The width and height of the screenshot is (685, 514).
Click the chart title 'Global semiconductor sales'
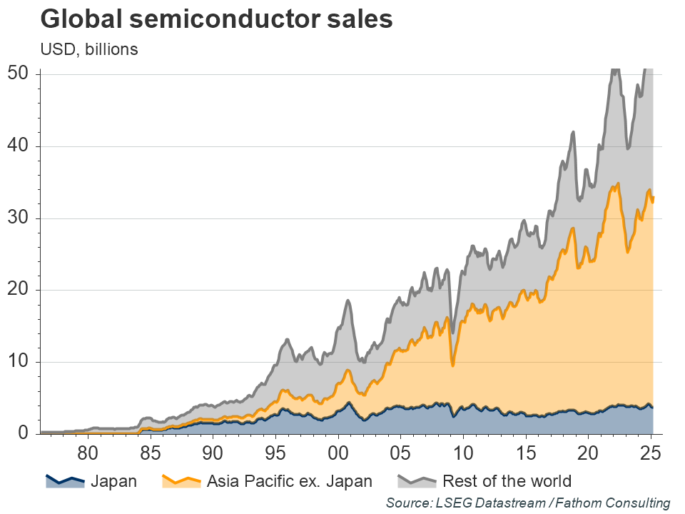click(x=215, y=19)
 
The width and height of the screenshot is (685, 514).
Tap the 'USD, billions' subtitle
click(x=88, y=49)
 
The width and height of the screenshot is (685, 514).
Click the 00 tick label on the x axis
click(x=338, y=453)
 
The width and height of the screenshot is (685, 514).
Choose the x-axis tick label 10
click(x=463, y=453)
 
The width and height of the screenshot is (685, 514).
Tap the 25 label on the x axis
click(x=651, y=453)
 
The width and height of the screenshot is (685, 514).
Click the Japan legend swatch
click(x=65, y=480)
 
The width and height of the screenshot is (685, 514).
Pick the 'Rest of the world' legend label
click(x=507, y=481)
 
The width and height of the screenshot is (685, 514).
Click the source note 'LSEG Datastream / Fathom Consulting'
click(x=528, y=503)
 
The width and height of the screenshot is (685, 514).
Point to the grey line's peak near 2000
click(x=348, y=301)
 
